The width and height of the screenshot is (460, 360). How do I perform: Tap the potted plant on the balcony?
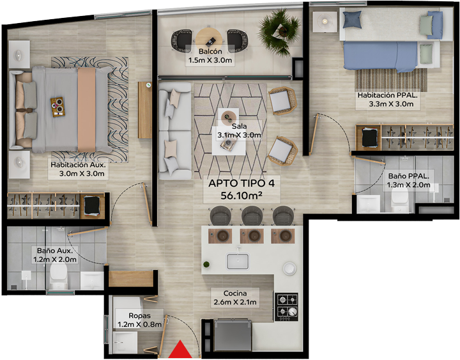click(x=279, y=32)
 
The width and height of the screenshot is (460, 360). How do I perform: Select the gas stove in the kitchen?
click(x=287, y=306)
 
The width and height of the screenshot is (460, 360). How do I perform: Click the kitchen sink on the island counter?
click(x=238, y=261)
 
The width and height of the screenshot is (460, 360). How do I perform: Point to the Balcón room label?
click(x=210, y=51)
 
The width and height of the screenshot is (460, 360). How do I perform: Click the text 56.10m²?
click(x=241, y=195)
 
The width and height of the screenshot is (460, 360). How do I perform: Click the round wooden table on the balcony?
click(x=209, y=40)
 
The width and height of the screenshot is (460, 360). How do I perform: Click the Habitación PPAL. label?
click(x=387, y=95)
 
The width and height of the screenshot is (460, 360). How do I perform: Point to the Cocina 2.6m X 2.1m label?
click(x=235, y=297)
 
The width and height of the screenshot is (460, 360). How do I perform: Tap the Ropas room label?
click(x=140, y=316)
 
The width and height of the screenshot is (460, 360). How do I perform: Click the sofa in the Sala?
click(x=175, y=130)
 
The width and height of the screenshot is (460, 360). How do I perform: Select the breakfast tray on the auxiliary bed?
click(x=57, y=107)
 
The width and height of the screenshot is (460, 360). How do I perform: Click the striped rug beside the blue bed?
click(x=391, y=80)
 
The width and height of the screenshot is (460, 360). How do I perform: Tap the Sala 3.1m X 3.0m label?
click(x=239, y=130)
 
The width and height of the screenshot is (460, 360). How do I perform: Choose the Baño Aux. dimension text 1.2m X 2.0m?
click(x=55, y=260)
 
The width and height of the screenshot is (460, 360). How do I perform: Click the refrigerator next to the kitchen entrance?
click(x=233, y=335)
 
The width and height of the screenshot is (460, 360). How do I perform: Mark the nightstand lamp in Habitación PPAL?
click(x=325, y=22)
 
